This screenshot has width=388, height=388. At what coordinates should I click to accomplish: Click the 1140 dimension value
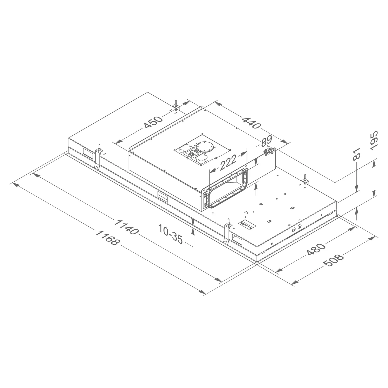click(126, 227)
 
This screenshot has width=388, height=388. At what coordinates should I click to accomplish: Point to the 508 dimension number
click(334, 260)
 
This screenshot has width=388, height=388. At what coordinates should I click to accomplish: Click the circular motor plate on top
click(205, 148)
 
